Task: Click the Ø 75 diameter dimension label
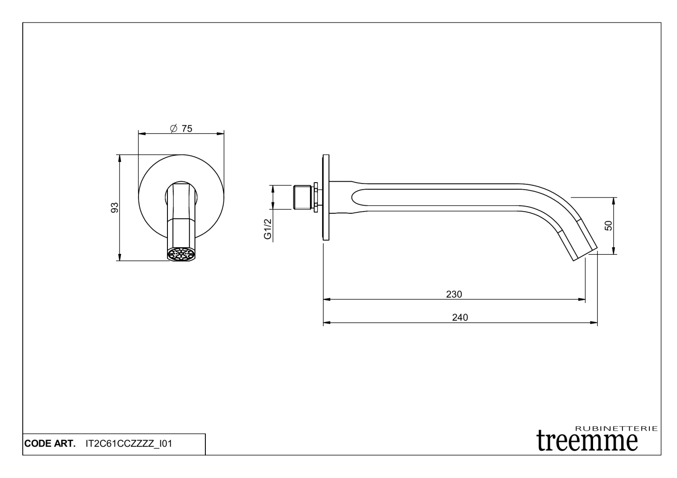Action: click(181, 129)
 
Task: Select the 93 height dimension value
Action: click(115, 207)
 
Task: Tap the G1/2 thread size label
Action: click(268, 229)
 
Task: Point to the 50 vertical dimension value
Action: click(608, 225)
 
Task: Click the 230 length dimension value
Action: click(454, 294)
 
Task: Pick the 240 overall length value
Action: click(460, 317)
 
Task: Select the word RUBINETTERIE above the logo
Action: click(617, 428)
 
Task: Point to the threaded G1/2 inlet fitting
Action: click(303, 198)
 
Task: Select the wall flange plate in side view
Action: click(326, 198)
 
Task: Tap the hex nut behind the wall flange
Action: click(317, 198)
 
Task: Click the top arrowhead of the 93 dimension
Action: click(119, 158)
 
